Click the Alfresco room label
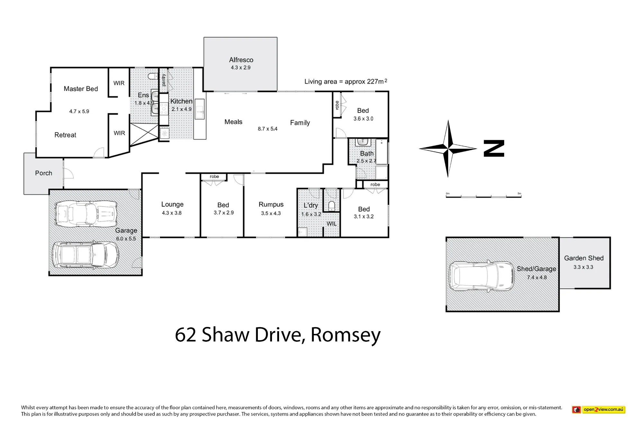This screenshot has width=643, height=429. [241, 60]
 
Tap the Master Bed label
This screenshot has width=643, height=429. [81, 89]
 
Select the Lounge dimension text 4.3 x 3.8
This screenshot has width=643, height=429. [172, 213]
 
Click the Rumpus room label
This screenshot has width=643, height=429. [271, 204]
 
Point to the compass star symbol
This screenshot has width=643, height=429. [448, 149]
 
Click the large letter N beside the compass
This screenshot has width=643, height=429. [494, 148]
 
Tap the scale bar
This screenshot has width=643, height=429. [484, 196]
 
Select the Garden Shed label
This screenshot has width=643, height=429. [584, 258]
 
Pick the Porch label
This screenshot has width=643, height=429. [43, 173]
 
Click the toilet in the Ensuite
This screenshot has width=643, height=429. [152, 76]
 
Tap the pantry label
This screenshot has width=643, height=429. [164, 80]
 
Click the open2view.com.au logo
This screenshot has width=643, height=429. [598, 410]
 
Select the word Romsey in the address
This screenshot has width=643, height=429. [346, 335]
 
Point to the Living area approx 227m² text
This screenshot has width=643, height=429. [346, 81]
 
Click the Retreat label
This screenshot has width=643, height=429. [65, 135]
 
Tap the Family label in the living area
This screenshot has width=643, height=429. [300, 123]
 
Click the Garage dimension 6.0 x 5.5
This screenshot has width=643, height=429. [126, 239]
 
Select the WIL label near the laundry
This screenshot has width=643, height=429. [331, 224]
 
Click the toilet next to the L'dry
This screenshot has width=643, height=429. [331, 206]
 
